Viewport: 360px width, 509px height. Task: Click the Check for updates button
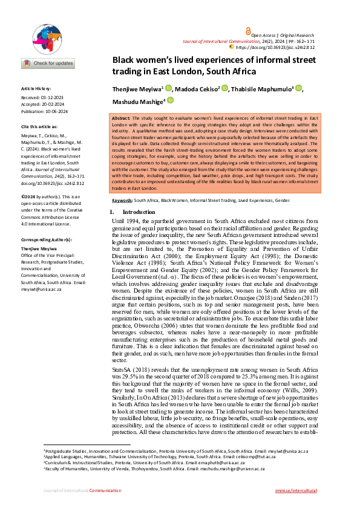pyautogui.click(x=48, y=63)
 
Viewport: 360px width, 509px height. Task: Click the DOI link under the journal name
pyautogui.click(x=277, y=47)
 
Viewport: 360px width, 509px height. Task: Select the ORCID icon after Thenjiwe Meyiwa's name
pyautogui.click(x=168, y=88)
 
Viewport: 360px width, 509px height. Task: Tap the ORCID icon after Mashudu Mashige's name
pyautogui.click(x=171, y=100)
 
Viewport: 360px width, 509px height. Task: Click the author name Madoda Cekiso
pyautogui.click(x=197, y=89)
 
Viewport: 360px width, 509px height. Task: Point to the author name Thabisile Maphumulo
pyautogui.click(x=262, y=89)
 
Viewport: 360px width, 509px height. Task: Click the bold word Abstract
pyautogui.click(x=123, y=118)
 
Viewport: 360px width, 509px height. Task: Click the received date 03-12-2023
pyautogui.click(x=56, y=97)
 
